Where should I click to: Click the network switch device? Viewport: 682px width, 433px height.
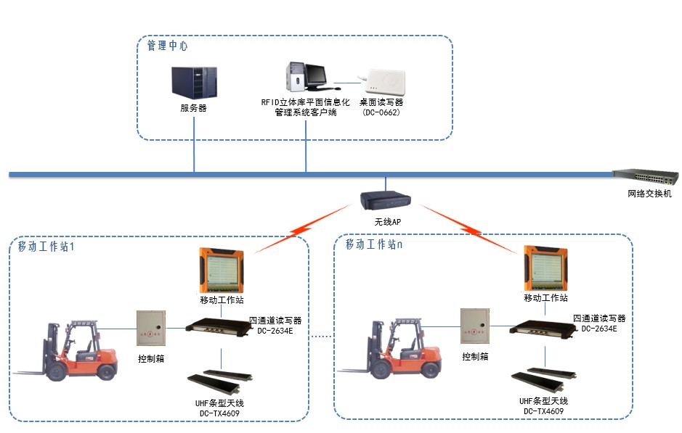[645, 177]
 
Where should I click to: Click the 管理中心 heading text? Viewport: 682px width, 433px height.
[167, 46]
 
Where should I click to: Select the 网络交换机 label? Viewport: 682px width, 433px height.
[650, 194]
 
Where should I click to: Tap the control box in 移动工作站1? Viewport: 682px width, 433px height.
[151, 329]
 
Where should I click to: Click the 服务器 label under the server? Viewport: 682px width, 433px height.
[194, 108]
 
